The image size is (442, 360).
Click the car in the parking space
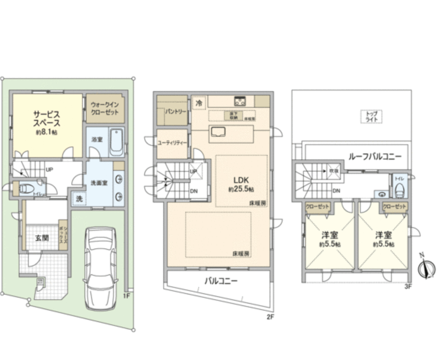coord(99,268)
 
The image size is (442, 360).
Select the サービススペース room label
coord(47,118)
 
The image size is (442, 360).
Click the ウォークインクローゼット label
coord(105,108)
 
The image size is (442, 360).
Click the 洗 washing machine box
coord(79,199)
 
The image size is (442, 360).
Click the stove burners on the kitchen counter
coord(240,101)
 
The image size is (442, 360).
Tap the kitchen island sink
coord(218,131)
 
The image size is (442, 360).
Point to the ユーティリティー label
coord(172,143)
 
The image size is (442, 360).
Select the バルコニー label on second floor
coord(221,281)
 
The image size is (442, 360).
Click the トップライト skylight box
coord(371,116)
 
